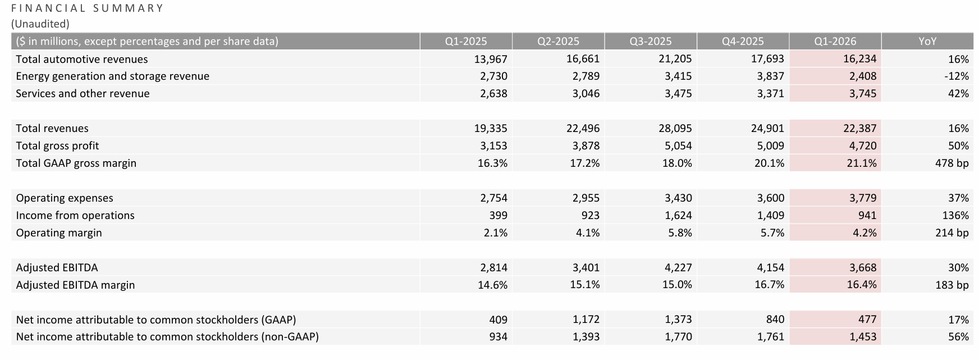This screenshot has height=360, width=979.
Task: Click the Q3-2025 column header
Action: click(x=650, y=42)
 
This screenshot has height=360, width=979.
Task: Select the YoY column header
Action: click(x=927, y=42)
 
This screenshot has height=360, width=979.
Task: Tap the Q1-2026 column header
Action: click(x=835, y=42)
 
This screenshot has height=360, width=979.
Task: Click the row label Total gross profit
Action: click(x=57, y=146)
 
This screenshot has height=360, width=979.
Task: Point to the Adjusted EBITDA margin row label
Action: click(x=75, y=285)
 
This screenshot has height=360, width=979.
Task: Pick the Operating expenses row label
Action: click(x=65, y=198)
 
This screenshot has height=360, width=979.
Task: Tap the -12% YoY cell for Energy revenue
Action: click(x=957, y=76)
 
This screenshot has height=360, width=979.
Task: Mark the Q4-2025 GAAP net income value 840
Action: click(x=775, y=320)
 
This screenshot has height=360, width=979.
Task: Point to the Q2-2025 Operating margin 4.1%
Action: click(x=588, y=233)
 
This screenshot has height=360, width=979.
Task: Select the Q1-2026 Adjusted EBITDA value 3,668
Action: click(x=863, y=268)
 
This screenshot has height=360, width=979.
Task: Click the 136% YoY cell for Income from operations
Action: click(x=957, y=216)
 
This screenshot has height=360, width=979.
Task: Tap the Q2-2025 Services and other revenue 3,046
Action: click(x=586, y=94)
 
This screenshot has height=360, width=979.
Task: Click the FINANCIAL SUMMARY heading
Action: click(x=87, y=8)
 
